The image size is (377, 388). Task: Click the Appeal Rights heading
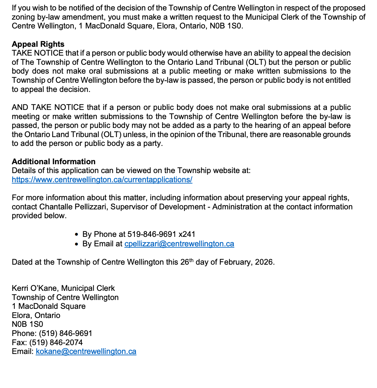click(x=38, y=44)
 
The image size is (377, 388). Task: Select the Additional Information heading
click(x=54, y=162)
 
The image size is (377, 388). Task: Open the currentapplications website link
click(x=102, y=180)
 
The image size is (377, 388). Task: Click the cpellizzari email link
click(x=179, y=244)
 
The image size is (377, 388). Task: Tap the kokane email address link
click(x=86, y=351)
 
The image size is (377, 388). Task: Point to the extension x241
click(x=187, y=234)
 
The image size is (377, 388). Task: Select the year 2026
click(x=264, y=262)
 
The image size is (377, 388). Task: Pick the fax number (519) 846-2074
click(x=56, y=343)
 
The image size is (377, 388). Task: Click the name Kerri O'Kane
click(x=35, y=288)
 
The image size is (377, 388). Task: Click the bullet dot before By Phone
click(x=77, y=235)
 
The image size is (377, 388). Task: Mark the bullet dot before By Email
click(x=77, y=244)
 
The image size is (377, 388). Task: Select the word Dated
click(x=22, y=262)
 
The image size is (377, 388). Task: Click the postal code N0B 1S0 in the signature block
click(x=27, y=324)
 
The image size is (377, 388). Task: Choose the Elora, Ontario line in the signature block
click(x=36, y=315)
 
